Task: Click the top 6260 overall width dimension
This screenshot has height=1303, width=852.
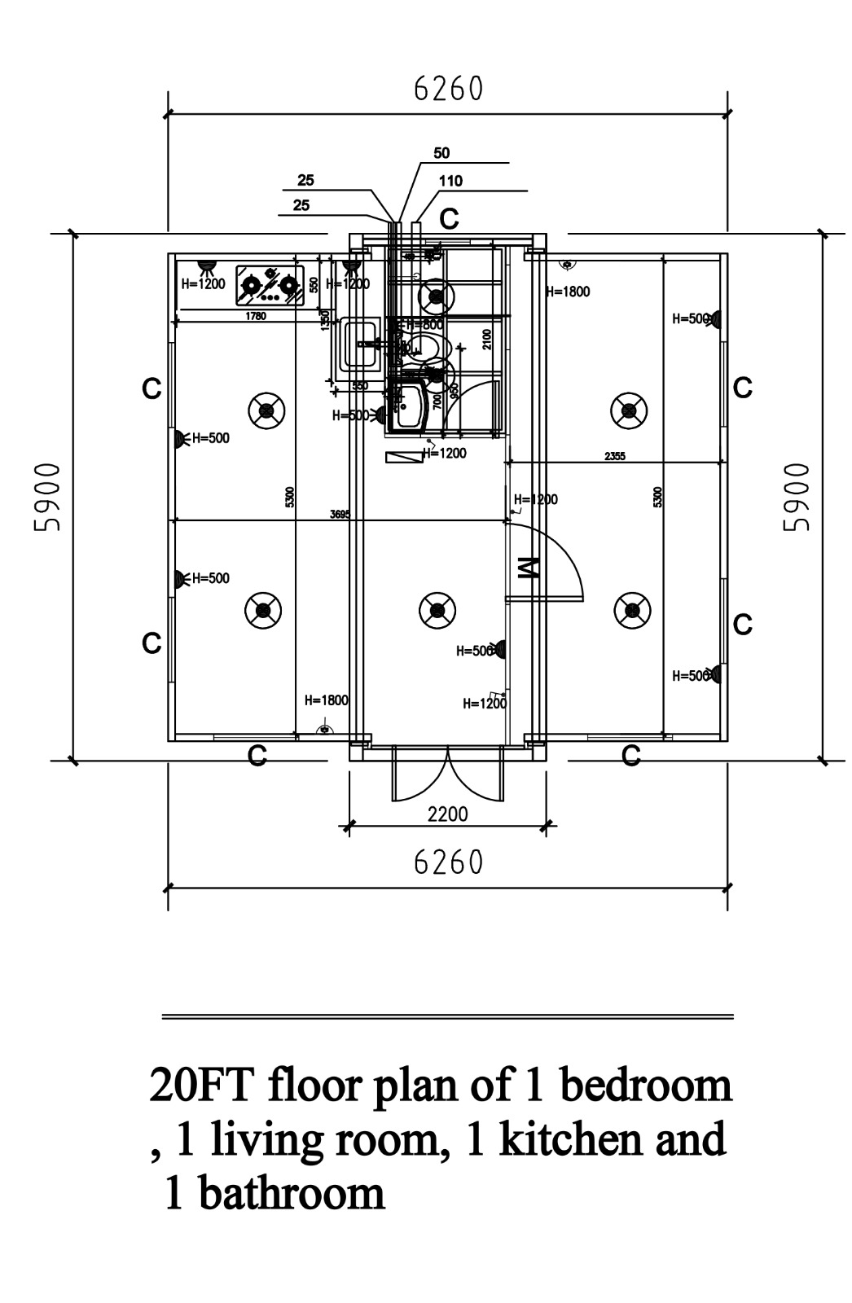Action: [x=449, y=89]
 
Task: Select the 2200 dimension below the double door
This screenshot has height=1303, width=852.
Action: [x=448, y=814]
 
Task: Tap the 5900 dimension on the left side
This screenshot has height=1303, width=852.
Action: [x=48, y=497]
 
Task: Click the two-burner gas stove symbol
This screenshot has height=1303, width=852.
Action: [x=270, y=284]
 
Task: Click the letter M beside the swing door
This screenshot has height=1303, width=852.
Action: [x=528, y=568]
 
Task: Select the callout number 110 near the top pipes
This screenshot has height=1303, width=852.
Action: [x=450, y=181]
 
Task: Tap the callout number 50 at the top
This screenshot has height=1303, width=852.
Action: [x=441, y=153]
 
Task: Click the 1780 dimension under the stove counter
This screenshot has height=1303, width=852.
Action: [x=256, y=316]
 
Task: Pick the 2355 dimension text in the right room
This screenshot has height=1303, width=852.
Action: [x=615, y=457]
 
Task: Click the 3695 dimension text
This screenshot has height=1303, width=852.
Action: [x=340, y=514]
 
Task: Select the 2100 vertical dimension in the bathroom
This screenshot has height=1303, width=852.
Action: [x=487, y=339]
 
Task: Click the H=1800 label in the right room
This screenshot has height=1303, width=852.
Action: [x=568, y=292]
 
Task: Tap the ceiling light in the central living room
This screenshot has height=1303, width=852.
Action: [x=437, y=610]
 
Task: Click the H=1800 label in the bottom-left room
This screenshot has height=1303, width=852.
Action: [x=326, y=700]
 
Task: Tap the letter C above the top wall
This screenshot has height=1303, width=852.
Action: [x=450, y=219]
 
